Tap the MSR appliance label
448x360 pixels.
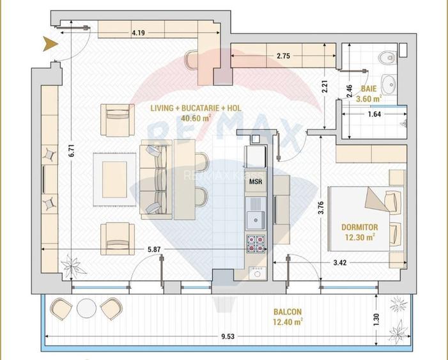point(255,181)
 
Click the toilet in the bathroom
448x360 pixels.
point(385,59)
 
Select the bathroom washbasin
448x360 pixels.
point(389,83)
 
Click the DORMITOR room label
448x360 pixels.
point(360,227)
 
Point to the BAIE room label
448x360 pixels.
point(368,89)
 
